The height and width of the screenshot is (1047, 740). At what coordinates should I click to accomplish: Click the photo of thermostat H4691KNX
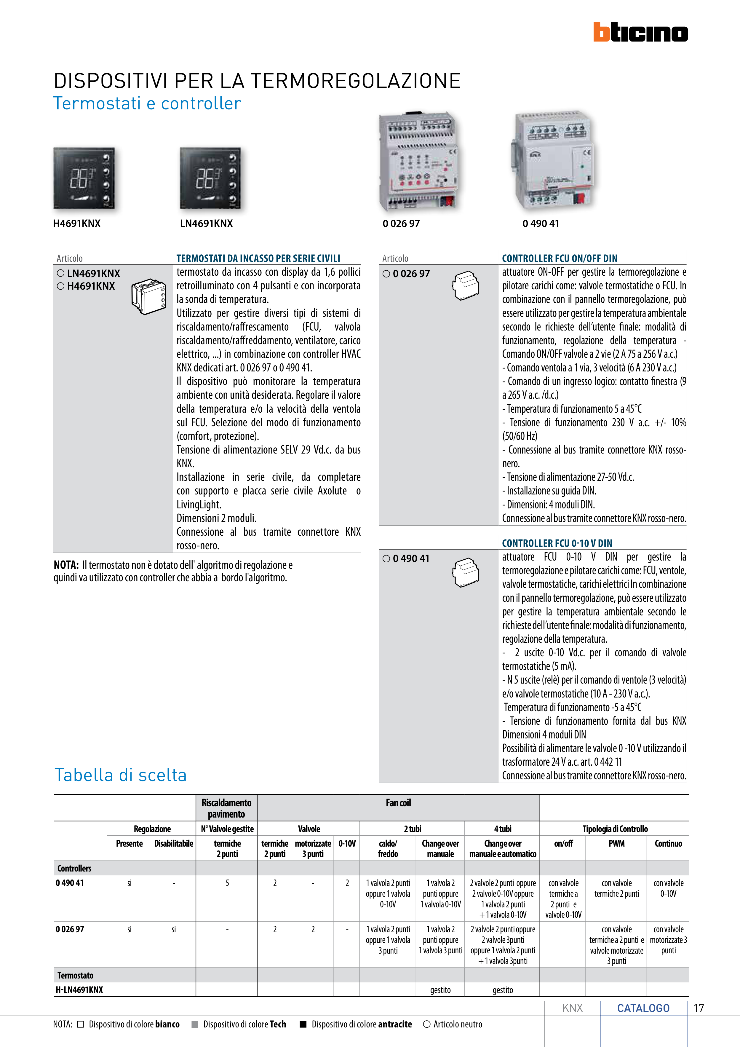[84, 178]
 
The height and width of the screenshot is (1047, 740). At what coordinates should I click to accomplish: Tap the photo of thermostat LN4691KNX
[210, 178]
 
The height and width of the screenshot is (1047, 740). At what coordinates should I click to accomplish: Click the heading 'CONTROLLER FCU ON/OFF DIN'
[560, 258]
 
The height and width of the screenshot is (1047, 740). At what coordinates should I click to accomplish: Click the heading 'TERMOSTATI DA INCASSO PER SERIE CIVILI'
[258, 258]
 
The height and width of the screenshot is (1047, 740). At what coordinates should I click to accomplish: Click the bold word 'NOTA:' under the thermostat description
[66, 565]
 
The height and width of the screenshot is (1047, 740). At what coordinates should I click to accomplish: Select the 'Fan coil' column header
[398, 803]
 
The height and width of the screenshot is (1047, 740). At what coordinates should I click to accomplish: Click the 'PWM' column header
[616, 844]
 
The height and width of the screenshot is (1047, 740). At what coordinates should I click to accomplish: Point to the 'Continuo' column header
[668, 844]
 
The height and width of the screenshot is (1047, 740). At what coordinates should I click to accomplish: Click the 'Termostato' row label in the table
[75, 975]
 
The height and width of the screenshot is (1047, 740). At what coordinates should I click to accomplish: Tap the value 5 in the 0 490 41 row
[227, 883]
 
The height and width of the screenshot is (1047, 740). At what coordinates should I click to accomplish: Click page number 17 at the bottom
[699, 1008]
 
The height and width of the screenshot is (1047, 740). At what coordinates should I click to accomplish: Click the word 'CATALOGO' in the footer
[643, 1008]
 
